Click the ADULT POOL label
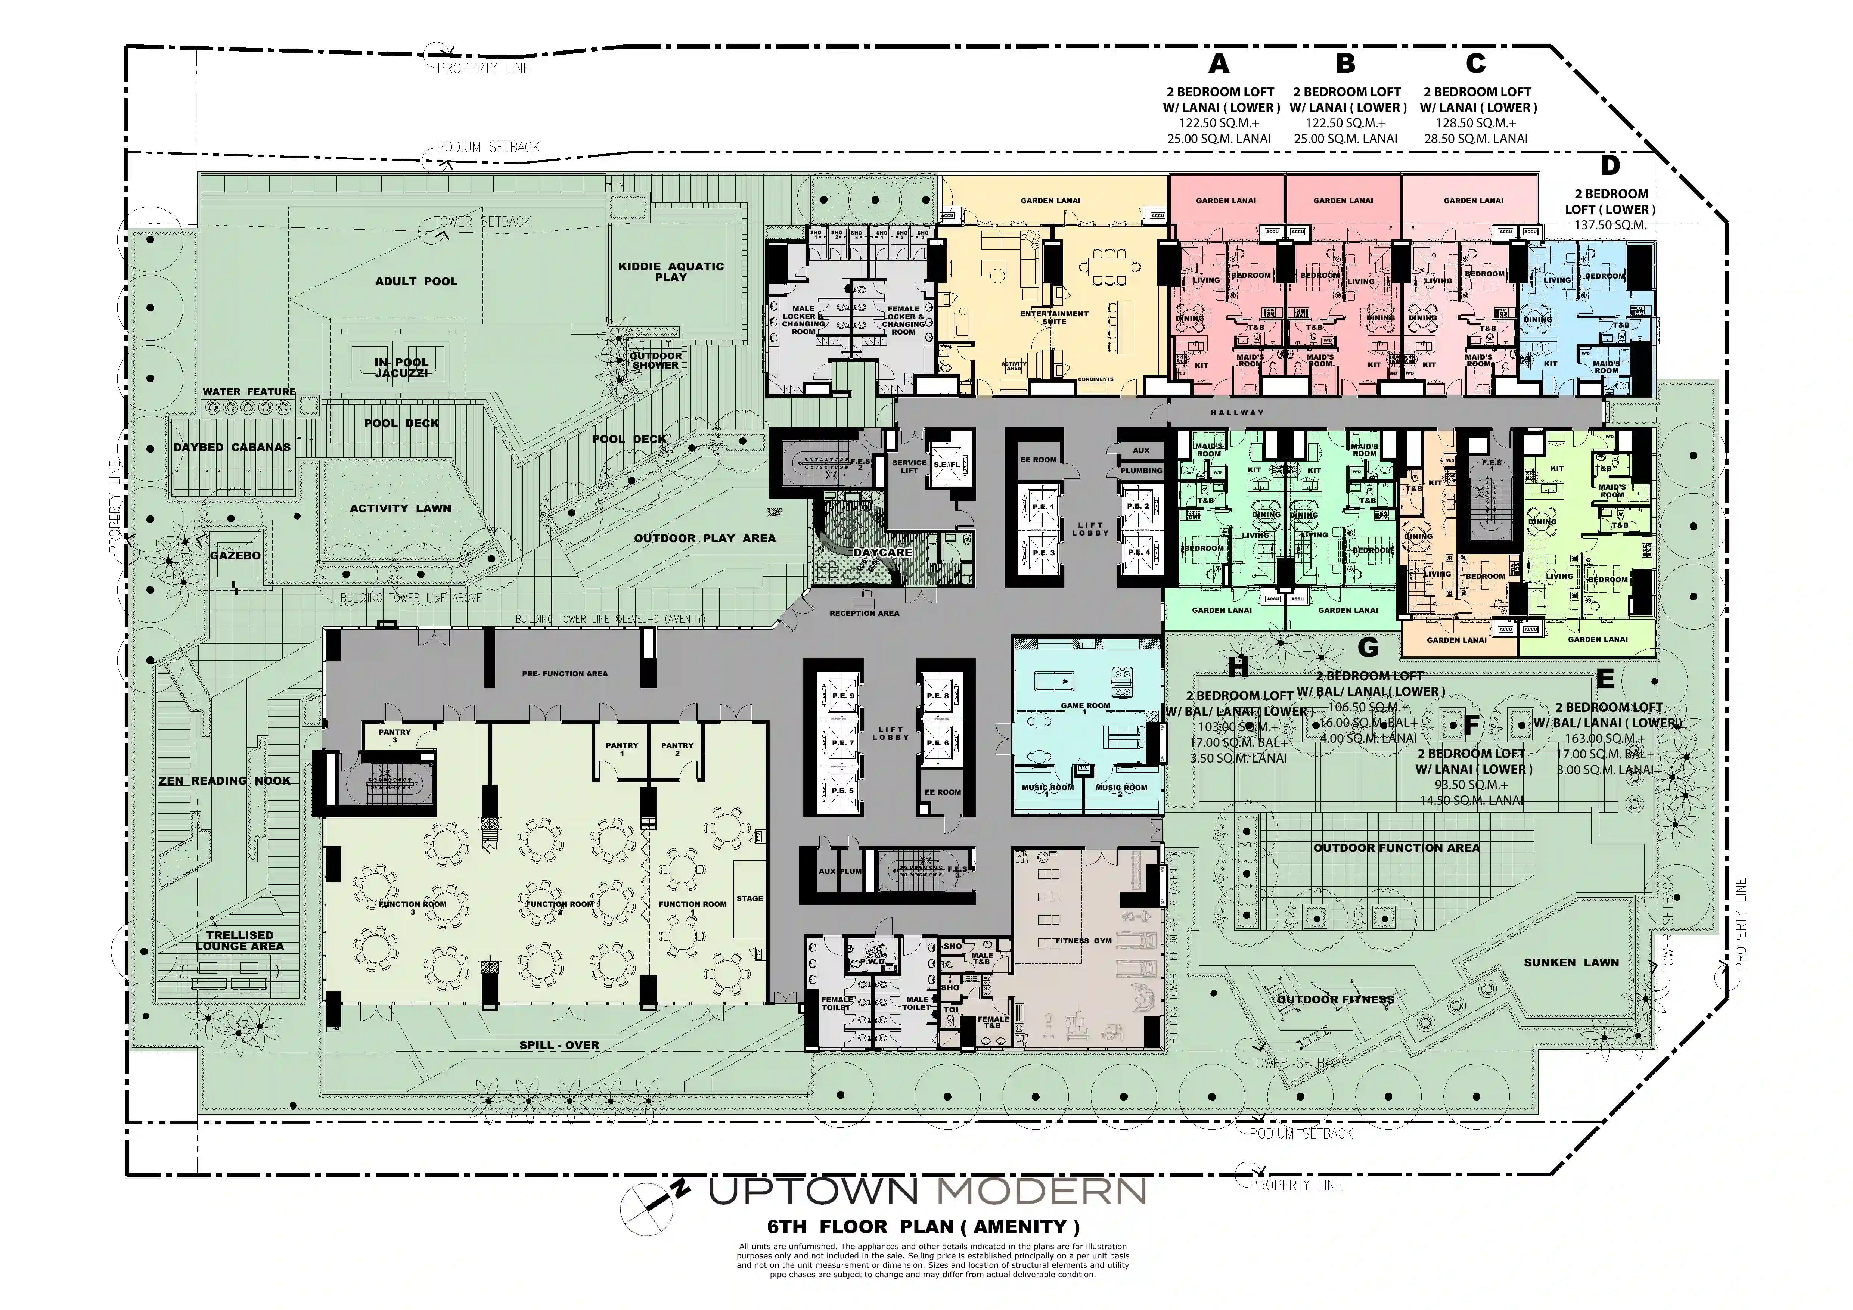[416, 282]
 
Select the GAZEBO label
[235, 555]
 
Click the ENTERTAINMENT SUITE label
[1054, 317]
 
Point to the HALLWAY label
[1237, 412]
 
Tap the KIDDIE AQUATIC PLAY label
[671, 271]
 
